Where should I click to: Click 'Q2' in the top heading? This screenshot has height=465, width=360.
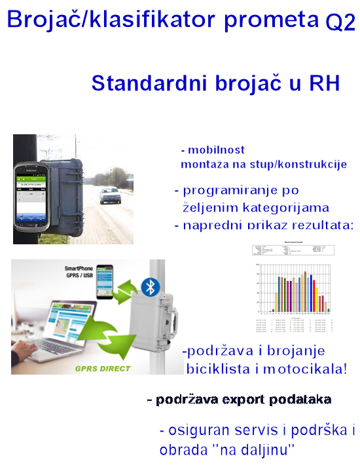340,23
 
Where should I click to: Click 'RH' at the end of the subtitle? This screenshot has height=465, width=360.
323,84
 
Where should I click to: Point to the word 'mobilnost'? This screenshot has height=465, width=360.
217,149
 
